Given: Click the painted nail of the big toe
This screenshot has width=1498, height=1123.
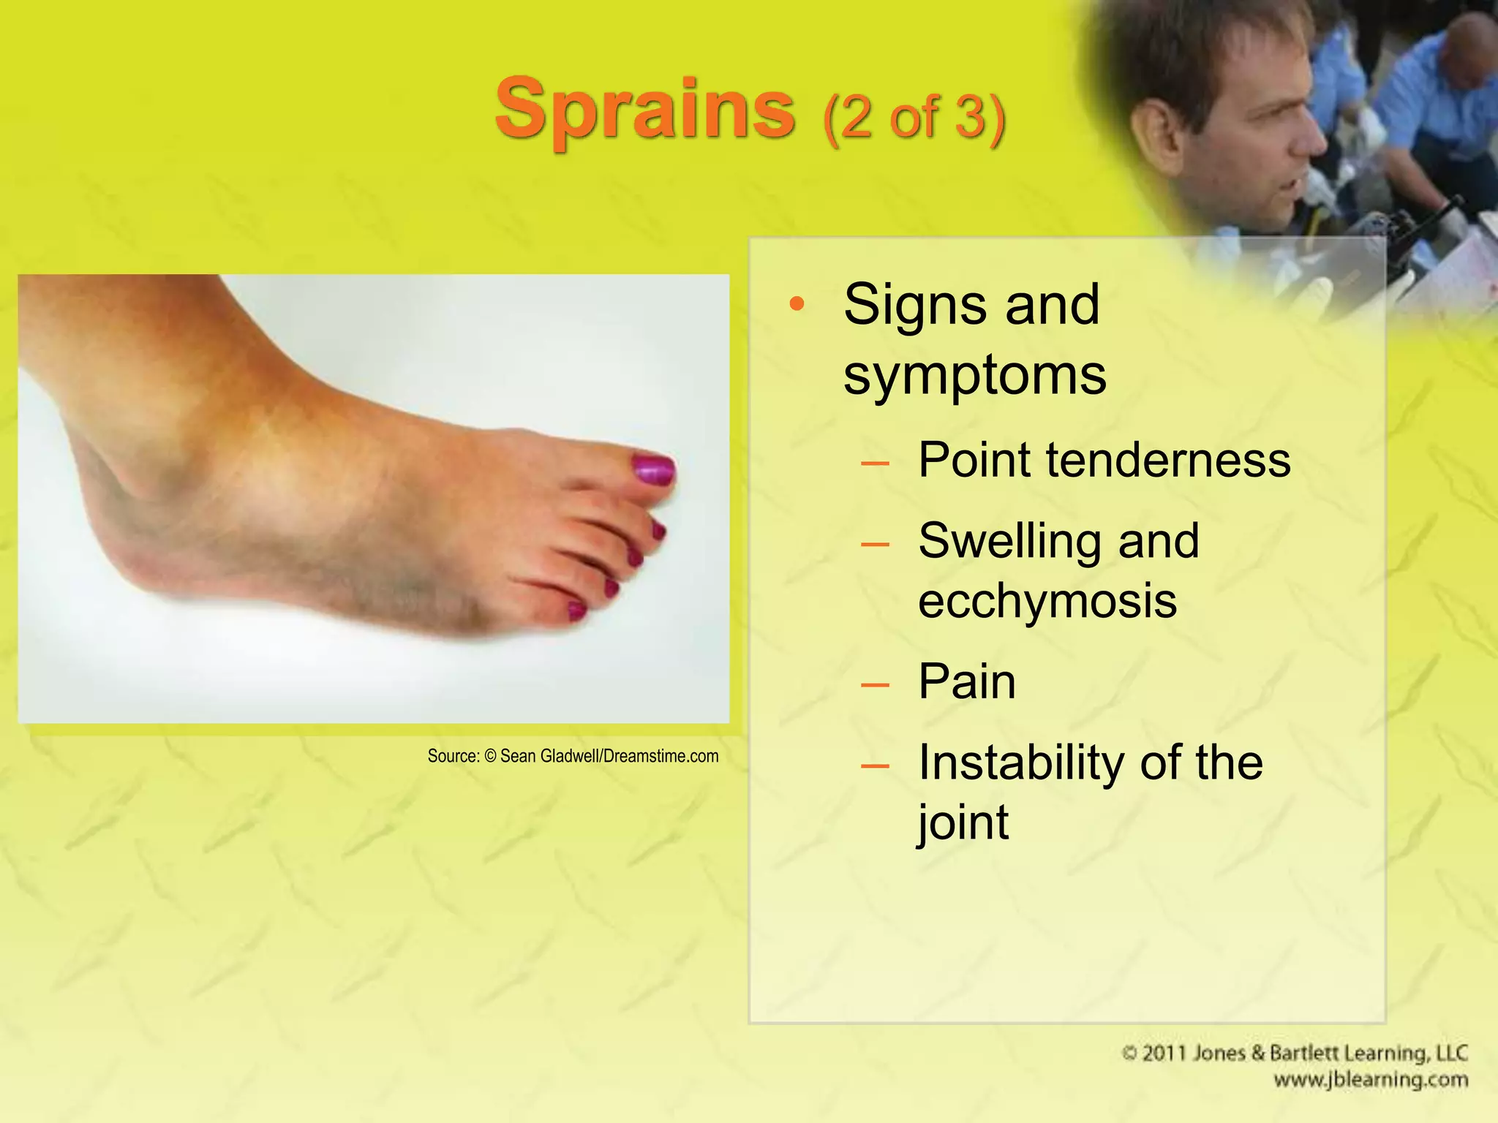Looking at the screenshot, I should [x=653, y=469].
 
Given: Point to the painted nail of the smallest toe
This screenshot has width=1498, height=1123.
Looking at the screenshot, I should [x=576, y=609].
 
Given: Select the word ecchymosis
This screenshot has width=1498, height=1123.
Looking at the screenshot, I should [x=1047, y=601].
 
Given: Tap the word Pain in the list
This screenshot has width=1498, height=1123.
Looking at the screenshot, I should [x=966, y=681].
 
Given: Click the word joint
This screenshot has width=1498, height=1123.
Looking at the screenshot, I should [x=963, y=823].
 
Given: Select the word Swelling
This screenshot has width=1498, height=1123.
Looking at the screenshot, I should [x=1011, y=541].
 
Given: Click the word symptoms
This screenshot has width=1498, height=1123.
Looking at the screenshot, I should [x=974, y=374].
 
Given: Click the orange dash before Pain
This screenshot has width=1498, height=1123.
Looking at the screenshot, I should [x=875, y=684].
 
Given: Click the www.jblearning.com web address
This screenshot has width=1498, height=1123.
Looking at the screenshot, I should [x=1370, y=1080].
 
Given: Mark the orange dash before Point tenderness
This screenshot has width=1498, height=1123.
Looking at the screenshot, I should [x=875, y=463].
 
